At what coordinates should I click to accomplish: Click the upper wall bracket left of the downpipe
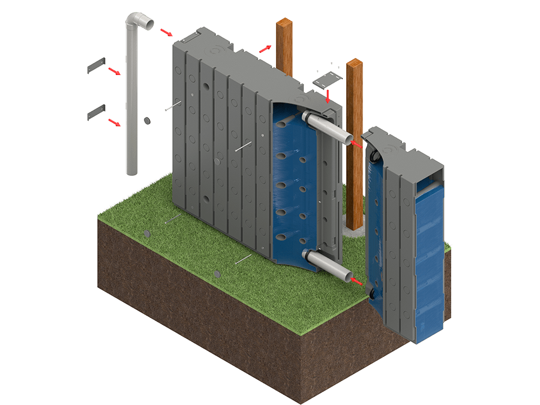coord(96,65)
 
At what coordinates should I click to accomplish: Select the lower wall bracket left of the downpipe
coord(96,112)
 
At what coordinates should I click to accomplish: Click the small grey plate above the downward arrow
coord(328,79)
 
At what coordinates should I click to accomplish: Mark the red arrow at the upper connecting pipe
coord(356,144)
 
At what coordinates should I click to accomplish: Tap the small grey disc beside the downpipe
coord(147,121)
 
